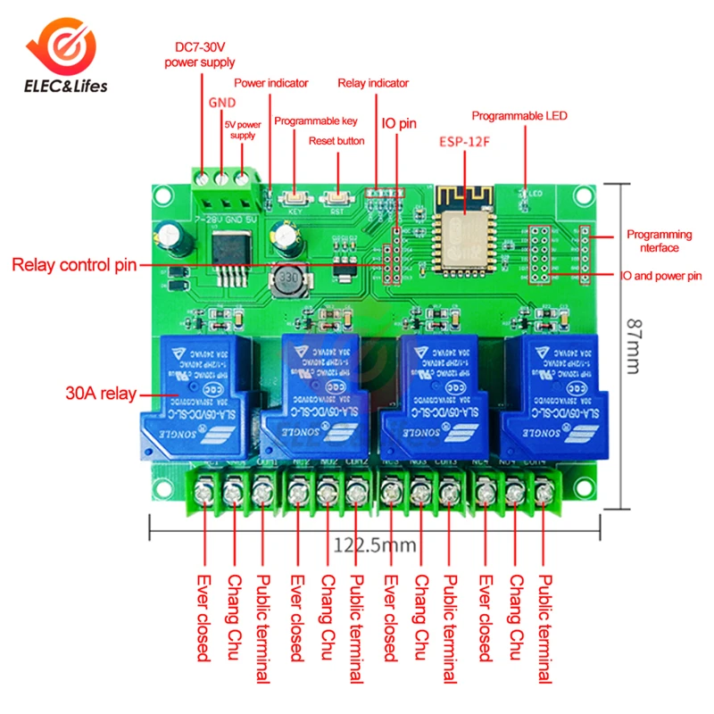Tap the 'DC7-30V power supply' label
pos(200,55)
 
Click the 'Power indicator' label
pos(271,83)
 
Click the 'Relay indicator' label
pos(373,83)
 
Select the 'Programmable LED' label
pos(519,116)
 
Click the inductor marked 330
pos(286,283)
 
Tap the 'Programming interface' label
pos(659,241)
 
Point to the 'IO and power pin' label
pos(661,277)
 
